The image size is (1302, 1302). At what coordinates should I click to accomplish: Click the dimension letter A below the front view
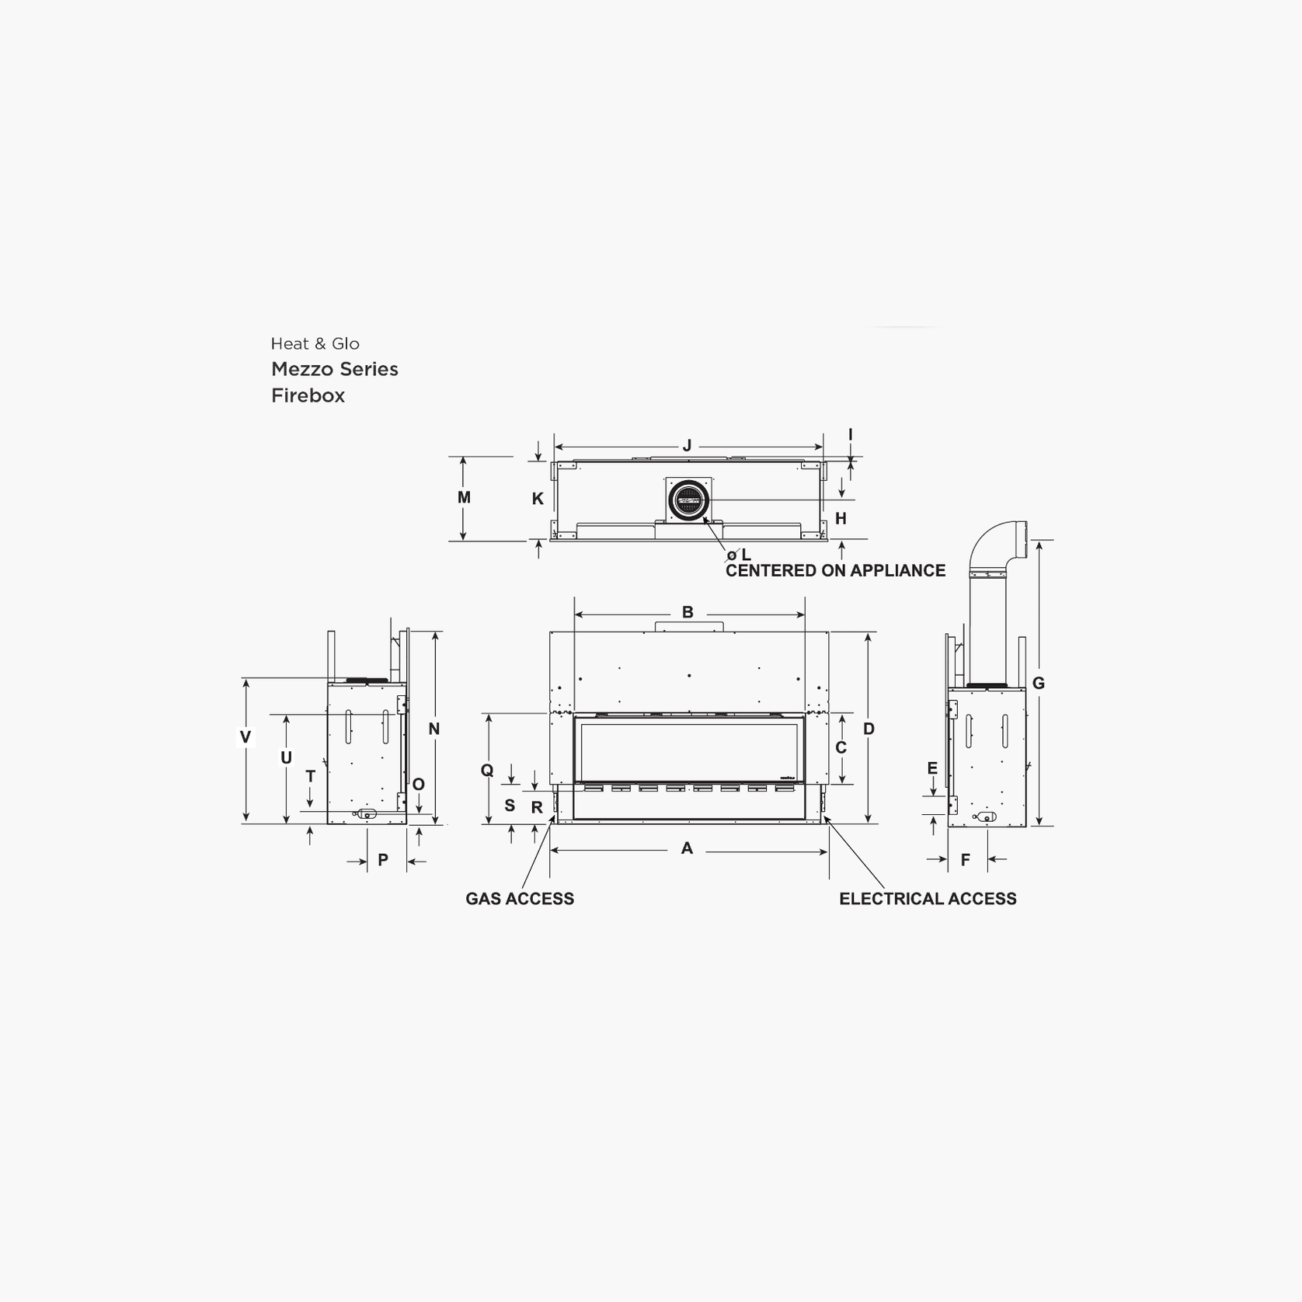coord(687,848)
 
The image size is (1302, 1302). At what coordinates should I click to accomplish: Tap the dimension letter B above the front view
coord(688,612)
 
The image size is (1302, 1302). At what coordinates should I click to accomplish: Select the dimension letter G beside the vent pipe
coord(1038,684)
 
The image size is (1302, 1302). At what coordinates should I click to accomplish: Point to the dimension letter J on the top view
coord(687,446)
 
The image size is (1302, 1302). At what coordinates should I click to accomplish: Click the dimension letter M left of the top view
coord(464,497)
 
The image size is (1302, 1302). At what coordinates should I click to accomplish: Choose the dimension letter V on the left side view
coord(245,737)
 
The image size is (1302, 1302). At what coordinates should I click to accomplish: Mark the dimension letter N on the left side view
coord(434,729)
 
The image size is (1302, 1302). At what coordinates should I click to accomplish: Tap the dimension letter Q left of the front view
coord(487,770)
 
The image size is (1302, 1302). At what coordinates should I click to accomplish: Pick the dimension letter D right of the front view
coord(869,729)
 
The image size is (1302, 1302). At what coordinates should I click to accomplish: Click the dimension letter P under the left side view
coord(383,860)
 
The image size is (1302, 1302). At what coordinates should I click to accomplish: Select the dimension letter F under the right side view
coord(966,860)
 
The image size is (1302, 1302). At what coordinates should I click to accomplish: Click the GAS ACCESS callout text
coord(520,899)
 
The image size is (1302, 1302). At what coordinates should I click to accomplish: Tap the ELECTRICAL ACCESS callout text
coord(928,899)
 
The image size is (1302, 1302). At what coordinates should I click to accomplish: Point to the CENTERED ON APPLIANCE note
coord(835,571)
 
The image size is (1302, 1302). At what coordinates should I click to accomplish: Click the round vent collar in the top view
coord(688,500)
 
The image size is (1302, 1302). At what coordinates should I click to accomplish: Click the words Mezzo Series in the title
coord(335,369)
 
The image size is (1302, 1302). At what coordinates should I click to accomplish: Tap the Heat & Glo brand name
coord(315,343)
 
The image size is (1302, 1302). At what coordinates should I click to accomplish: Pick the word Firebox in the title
coord(308,395)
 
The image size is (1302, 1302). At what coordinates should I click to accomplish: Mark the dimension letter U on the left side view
coord(286,757)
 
